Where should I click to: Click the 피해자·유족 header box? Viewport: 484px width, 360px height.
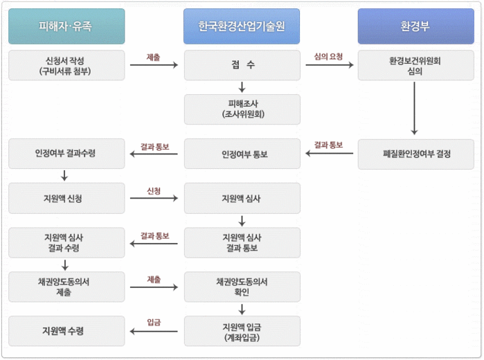pos(66,26)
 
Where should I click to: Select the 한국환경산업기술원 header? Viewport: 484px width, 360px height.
pos(242,26)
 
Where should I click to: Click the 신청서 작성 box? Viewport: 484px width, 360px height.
pos(66,65)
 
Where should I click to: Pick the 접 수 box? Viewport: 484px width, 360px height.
pos(242,65)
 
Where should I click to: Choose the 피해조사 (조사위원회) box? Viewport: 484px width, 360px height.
pos(242,109)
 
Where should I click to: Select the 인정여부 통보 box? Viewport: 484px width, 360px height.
pos(242,154)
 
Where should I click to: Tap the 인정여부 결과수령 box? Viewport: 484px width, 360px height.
pos(66,154)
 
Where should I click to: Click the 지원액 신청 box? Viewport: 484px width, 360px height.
pos(66,198)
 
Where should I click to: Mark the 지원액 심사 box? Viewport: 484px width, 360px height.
pos(242,198)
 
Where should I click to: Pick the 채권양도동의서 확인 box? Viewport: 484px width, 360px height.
pos(242,287)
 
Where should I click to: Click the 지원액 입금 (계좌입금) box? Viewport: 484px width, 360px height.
pos(242,331)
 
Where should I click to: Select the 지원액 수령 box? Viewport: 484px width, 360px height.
pos(66,331)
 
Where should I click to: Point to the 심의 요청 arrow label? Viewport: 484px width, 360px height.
pos(328,57)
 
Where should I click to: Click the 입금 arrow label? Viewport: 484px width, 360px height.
pos(154,323)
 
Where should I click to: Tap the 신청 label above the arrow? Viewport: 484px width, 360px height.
pos(154,190)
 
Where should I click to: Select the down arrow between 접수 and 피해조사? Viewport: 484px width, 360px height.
pos(242,87)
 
